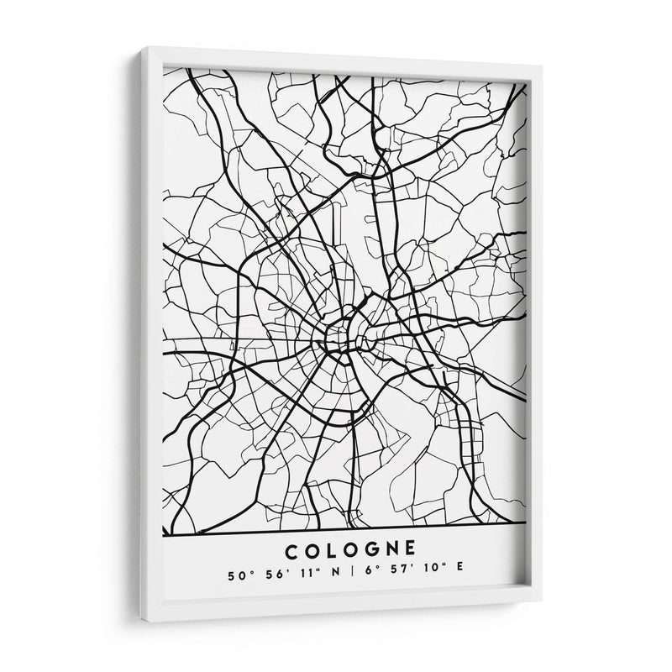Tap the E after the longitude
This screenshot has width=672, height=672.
(x=459, y=575)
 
